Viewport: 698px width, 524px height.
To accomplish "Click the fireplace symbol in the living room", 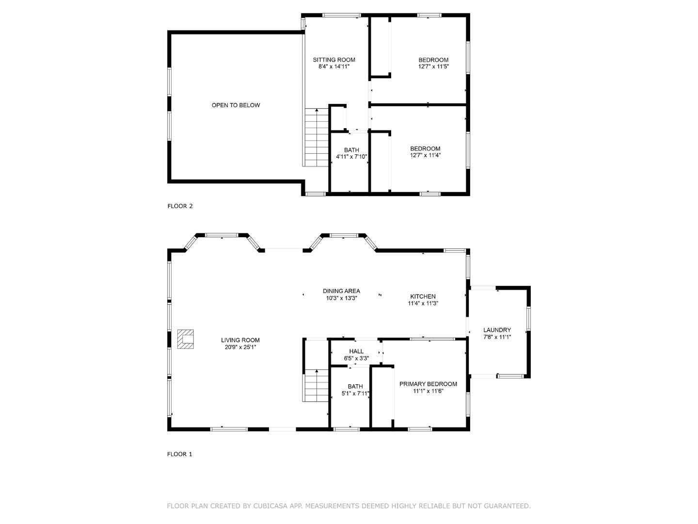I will (185, 339).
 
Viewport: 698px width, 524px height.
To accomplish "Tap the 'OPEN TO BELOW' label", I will (236, 105).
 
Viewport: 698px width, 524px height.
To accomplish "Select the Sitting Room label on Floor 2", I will (333, 60).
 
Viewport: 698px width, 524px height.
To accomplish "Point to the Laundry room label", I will (497, 330).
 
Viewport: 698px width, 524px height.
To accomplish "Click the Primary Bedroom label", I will (428, 384).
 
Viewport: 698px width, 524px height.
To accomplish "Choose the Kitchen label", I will (423, 296).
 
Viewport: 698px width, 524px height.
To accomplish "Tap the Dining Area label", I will (341, 291).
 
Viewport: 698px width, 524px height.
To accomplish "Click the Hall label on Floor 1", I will (356, 352).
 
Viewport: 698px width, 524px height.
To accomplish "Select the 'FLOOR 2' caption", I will (180, 206).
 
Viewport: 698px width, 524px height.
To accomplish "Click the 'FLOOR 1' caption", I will (180, 455).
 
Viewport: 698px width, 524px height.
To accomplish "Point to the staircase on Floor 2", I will (317, 138).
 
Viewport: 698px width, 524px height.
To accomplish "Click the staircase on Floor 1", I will (317, 385).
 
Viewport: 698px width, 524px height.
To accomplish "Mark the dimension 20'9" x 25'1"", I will (240, 347).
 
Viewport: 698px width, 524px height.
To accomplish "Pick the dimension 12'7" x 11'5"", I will (433, 67).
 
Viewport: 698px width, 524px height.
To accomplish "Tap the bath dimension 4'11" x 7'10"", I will (351, 157).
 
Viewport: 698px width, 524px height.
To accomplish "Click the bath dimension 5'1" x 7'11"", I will (355, 393).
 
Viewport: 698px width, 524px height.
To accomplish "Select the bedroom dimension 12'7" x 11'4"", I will (425, 156).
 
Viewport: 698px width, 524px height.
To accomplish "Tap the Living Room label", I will (240, 340).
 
